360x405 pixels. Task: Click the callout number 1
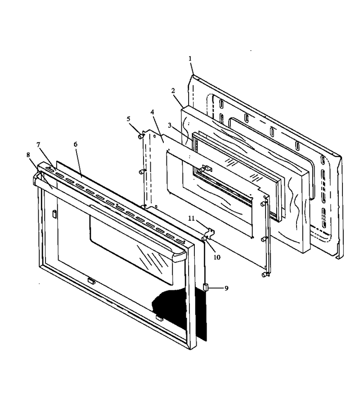tap(190, 58)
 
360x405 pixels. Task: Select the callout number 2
tap(173, 90)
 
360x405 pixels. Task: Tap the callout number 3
tap(169, 125)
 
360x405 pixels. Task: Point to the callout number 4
tap(152, 112)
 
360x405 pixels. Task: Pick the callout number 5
tap(128, 119)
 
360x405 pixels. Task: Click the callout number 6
tap(76, 144)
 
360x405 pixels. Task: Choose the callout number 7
tap(39, 145)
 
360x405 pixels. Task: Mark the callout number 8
tap(28, 155)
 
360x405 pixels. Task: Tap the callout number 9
tap(226, 288)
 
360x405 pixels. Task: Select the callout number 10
tap(217, 257)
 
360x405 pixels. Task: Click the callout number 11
tap(191, 219)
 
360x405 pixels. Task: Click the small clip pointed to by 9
tap(206, 287)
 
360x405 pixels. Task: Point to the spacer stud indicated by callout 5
tap(141, 135)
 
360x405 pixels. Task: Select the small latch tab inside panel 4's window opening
tap(207, 168)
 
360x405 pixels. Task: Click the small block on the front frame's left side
tap(54, 213)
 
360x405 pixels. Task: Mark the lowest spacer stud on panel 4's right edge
tap(264, 275)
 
